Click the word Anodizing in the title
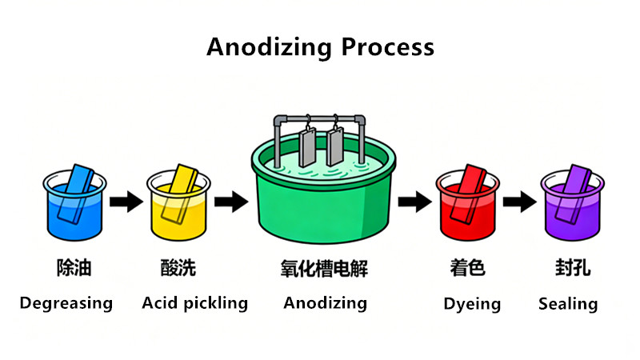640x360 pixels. (x=269, y=47)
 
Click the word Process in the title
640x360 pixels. (x=388, y=47)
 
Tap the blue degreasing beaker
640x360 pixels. (x=74, y=202)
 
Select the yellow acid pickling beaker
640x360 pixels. (x=178, y=202)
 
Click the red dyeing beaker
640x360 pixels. (x=468, y=202)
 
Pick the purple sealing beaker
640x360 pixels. (x=572, y=202)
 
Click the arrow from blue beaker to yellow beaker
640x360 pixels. (x=126, y=202)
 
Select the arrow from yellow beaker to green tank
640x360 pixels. (x=231, y=202)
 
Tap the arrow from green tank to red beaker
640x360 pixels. (x=415, y=202)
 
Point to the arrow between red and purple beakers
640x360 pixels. (x=519, y=202)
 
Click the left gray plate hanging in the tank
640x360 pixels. (x=307, y=147)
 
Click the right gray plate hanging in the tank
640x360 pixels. (x=335, y=146)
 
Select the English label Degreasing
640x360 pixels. (x=66, y=304)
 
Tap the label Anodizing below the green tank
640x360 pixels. (x=326, y=304)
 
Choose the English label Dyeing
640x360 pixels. (x=472, y=305)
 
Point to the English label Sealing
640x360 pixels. (x=568, y=304)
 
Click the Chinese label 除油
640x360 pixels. (x=74, y=268)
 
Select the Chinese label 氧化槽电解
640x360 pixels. (x=324, y=269)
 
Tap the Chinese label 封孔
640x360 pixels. (x=572, y=268)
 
